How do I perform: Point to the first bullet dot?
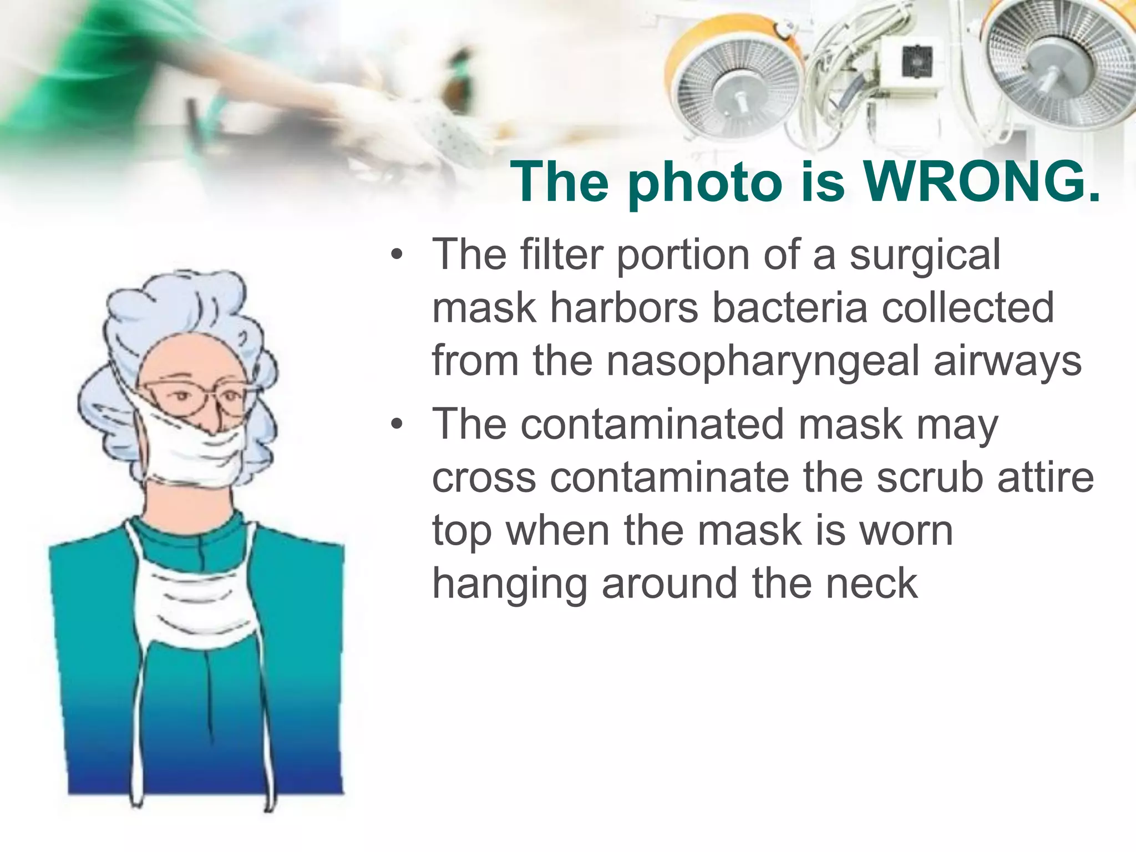pos(395,255)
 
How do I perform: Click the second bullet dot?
pos(395,424)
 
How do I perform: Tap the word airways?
pos(1007,361)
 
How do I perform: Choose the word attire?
pos(1045,478)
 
